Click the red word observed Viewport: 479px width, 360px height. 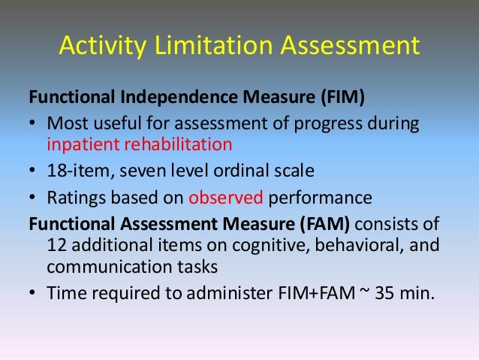point(224,199)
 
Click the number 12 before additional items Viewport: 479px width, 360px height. point(56,246)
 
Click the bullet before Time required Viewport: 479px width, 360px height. point(34,294)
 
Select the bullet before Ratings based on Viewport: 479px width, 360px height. point(34,199)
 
